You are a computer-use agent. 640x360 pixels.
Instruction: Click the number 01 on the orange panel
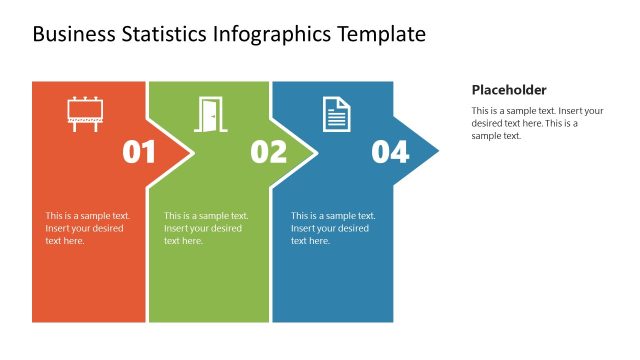(x=139, y=152)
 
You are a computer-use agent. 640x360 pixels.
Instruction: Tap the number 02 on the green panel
(x=268, y=152)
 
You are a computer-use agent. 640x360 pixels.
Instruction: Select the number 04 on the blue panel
(x=390, y=152)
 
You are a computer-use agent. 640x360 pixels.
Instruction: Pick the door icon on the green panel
(x=209, y=113)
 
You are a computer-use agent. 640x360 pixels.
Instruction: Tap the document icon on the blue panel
(x=337, y=113)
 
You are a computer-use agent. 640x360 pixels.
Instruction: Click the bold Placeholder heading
(x=509, y=89)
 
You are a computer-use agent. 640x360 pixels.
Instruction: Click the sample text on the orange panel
(x=88, y=228)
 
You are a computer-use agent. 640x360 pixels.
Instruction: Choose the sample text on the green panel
(x=206, y=228)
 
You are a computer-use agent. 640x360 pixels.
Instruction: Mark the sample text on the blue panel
(x=333, y=228)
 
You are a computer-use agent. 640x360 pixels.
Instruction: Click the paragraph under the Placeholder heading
(x=538, y=123)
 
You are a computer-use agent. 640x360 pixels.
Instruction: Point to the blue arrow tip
(x=425, y=152)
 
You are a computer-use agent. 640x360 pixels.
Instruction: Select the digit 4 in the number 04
(x=400, y=152)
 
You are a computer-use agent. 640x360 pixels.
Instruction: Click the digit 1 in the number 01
(x=149, y=152)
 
